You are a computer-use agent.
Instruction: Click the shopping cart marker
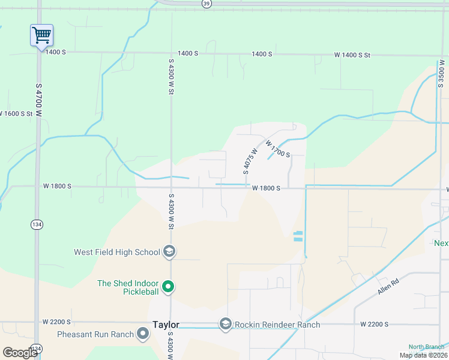[41, 35]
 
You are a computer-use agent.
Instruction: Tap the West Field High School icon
[169, 252]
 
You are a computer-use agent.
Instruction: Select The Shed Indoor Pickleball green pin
[169, 287]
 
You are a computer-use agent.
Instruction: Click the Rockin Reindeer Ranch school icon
[225, 324]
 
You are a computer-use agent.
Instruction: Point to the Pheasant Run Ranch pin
[143, 333]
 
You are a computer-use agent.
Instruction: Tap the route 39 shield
[206, 3]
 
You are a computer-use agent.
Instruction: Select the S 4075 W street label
[250, 161]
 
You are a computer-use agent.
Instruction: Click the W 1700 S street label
[278, 150]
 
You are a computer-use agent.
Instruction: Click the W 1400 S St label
[352, 55]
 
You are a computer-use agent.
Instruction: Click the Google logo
[20, 353]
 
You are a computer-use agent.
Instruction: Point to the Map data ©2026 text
[423, 355]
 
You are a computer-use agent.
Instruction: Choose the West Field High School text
[116, 252]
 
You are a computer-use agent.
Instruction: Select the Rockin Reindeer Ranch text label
[277, 325]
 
